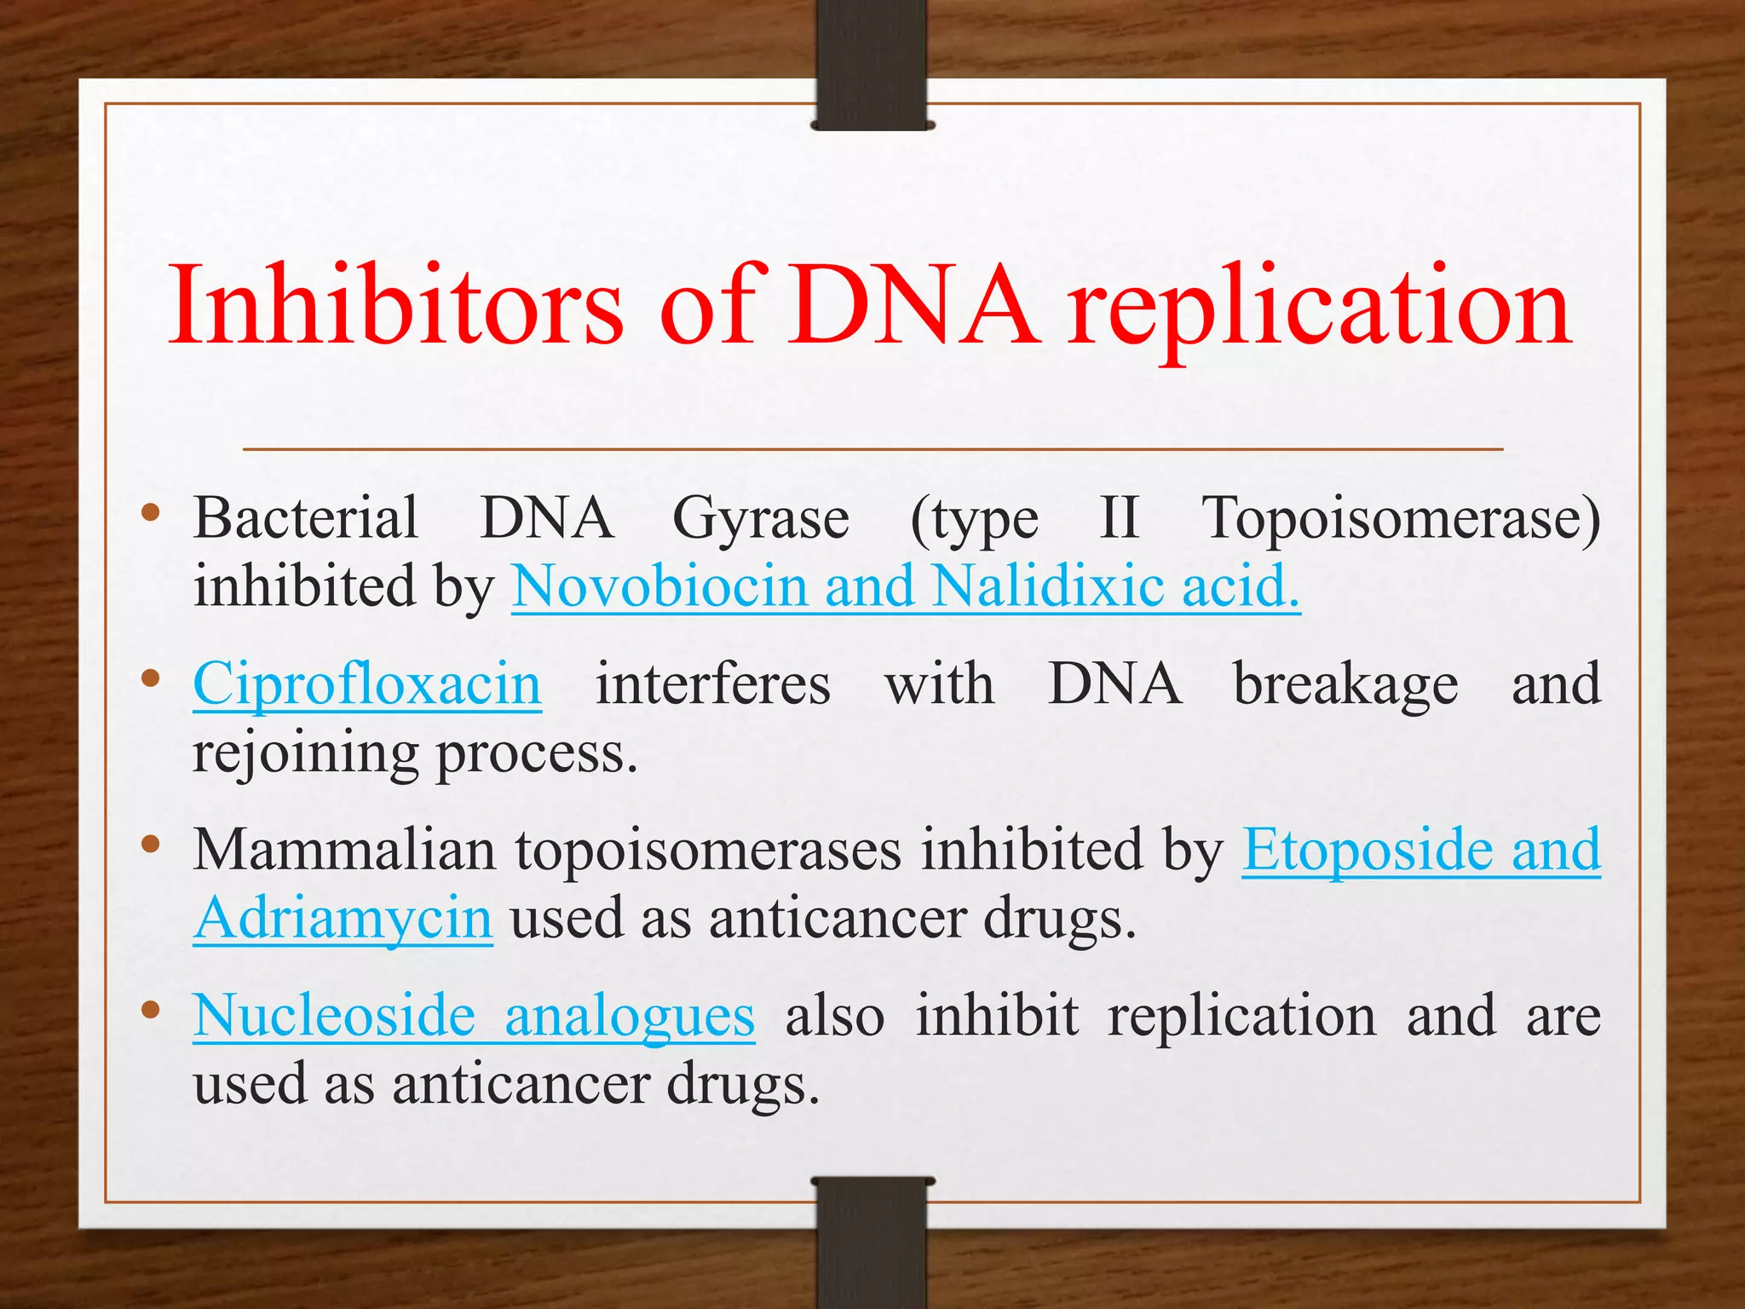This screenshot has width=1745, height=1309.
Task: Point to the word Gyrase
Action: point(761,520)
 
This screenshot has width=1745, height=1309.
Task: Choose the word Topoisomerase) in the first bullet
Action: point(1401,520)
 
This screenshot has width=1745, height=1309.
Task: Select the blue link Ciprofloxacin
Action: point(367,685)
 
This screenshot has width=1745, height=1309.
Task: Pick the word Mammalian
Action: point(344,850)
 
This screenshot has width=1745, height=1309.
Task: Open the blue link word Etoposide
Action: point(1367,851)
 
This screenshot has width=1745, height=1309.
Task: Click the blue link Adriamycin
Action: point(343,920)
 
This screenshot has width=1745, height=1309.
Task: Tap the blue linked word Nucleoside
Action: point(334,1016)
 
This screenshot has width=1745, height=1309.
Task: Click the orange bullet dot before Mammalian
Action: point(151,845)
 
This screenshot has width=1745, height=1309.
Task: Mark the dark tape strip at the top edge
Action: point(872,64)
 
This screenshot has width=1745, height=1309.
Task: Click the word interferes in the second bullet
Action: point(712,684)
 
